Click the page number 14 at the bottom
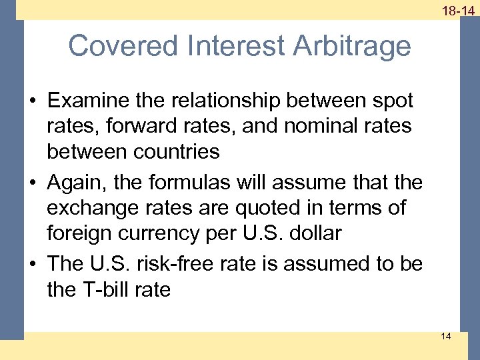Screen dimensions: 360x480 click(445, 336)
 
